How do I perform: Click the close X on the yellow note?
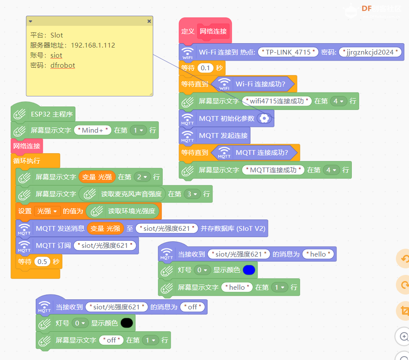click(149, 21)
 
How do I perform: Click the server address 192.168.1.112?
click(93, 45)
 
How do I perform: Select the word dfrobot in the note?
click(62, 65)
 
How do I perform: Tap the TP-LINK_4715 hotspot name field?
click(288, 52)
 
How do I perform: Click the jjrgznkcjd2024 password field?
click(370, 52)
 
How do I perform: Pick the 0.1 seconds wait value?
click(205, 68)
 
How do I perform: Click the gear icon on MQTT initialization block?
click(264, 118)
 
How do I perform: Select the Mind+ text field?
click(93, 130)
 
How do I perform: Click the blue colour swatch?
click(249, 270)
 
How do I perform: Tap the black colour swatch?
click(127, 323)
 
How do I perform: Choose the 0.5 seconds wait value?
click(42, 261)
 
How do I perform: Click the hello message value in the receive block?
click(318, 254)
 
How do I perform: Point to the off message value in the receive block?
click(192, 307)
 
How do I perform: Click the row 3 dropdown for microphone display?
click(192, 194)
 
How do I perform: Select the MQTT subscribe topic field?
click(105, 246)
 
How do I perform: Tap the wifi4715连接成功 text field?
click(277, 101)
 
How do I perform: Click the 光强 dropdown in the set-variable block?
click(47, 211)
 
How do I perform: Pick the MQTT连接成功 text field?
click(273, 170)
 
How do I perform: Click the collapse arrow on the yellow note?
click(31, 21)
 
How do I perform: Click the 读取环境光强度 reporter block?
click(124, 211)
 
